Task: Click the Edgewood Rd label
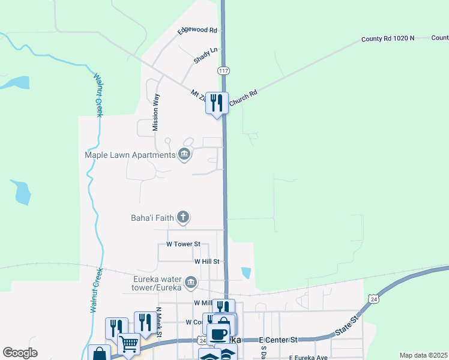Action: [x=197, y=30]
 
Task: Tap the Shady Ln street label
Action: [x=205, y=56]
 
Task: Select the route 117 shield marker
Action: [x=223, y=70]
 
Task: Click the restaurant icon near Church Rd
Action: [x=217, y=103]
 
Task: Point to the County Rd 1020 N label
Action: [x=388, y=38]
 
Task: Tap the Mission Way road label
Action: [x=155, y=112]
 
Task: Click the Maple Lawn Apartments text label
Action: [x=130, y=155]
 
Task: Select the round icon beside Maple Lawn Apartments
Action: [x=184, y=155]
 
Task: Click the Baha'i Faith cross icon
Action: [x=183, y=217]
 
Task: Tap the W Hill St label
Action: [x=208, y=262]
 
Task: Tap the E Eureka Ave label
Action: [x=308, y=358]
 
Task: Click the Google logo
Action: [x=20, y=353]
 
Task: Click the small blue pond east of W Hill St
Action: [x=246, y=272]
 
